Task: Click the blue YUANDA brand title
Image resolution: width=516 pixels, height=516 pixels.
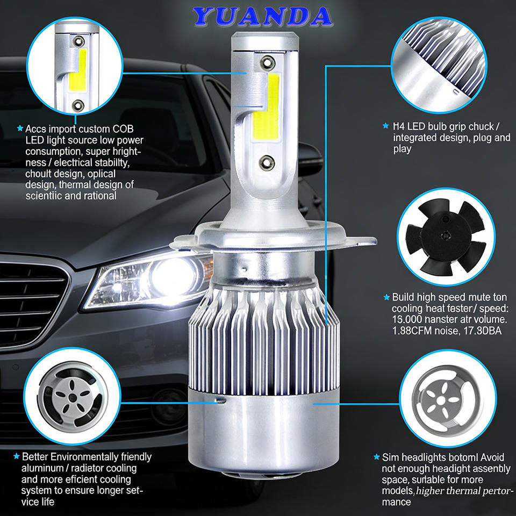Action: [x=262, y=16]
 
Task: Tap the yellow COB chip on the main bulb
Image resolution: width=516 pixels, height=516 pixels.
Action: [x=266, y=107]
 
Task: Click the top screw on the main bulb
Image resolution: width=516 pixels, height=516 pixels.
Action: [x=267, y=62]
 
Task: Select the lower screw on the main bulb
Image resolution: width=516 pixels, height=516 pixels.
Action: [x=267, y=162]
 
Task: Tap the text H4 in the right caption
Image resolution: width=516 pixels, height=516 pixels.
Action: [x=398, y=126]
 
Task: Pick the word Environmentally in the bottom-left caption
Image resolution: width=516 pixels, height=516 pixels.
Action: [x=84, y=457]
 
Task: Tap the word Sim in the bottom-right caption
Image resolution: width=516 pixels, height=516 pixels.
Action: [x=390, y=457]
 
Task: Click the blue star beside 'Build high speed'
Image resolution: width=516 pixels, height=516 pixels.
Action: [x=386, y=297]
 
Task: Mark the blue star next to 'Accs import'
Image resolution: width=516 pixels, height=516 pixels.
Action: [x=20, y=128]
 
